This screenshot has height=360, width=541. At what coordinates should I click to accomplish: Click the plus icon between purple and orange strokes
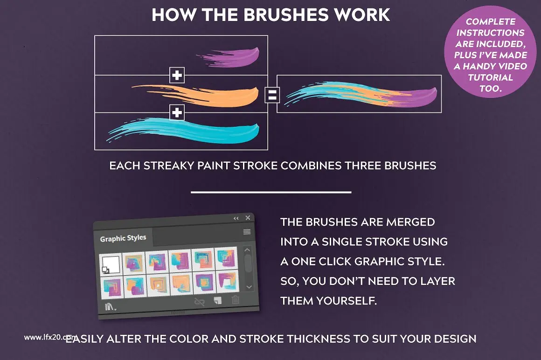(177, 75)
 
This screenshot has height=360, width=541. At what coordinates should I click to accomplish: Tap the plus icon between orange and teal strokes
(177, 112)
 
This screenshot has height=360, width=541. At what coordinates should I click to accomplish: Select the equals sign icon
(272, 95)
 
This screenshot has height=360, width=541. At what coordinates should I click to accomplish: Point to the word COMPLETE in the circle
(491, 21)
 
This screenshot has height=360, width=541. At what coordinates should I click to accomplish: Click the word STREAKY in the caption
(169, 166)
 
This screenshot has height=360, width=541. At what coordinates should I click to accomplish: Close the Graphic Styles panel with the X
(248, 218)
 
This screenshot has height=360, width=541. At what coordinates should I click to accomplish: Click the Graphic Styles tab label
(123, 238)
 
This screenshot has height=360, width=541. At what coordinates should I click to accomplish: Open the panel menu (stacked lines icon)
(247, 232)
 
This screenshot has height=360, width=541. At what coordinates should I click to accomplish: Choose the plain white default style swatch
(111, 264)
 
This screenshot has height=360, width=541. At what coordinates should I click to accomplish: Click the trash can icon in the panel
(236, 299)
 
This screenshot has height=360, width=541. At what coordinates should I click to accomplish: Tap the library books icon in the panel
(110, 306)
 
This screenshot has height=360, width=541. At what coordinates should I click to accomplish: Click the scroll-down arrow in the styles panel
(249, 287)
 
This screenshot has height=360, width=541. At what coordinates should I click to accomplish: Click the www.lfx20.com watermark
(51, 337)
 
